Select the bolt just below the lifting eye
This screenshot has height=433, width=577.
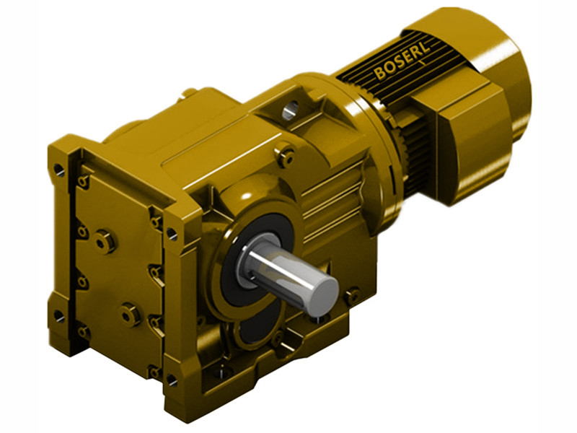pos(286,154)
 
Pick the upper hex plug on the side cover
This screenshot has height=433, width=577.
pos(105,240)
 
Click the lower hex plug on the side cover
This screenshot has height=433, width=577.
pos(130,314)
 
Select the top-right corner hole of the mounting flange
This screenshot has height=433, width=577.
pos(171,233)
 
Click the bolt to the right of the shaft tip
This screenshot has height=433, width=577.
pos(352,294)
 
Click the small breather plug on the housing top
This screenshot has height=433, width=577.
pos(189,93)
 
